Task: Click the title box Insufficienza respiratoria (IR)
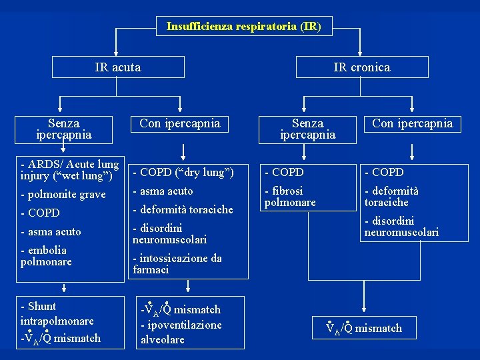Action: [x=243, y=27]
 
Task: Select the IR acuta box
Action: [x=118, y=67]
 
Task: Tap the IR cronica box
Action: [x=362, y=67]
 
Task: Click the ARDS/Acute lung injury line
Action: [x=70, y=170]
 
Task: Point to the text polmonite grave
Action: [x=63, y=195]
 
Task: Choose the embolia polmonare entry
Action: [x=46, y=256]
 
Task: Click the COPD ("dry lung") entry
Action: [x=183, y=173]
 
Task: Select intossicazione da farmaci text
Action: [x=177, y=264]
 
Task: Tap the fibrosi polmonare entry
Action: [x=290, y=197]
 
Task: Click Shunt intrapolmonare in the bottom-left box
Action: [x=57, y=314]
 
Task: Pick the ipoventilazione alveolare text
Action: [x=181, y=331]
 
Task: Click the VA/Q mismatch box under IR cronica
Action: [x=364, y=327]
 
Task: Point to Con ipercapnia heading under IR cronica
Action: [x=412, y=123]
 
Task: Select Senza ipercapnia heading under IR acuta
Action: [x=64, y=129]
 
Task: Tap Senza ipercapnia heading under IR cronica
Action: [x=307, y=129]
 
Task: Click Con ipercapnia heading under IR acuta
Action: [x=179, y=123]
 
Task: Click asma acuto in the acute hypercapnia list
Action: [x=163, y=191]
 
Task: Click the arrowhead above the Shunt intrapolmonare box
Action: [x=64, y=289]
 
